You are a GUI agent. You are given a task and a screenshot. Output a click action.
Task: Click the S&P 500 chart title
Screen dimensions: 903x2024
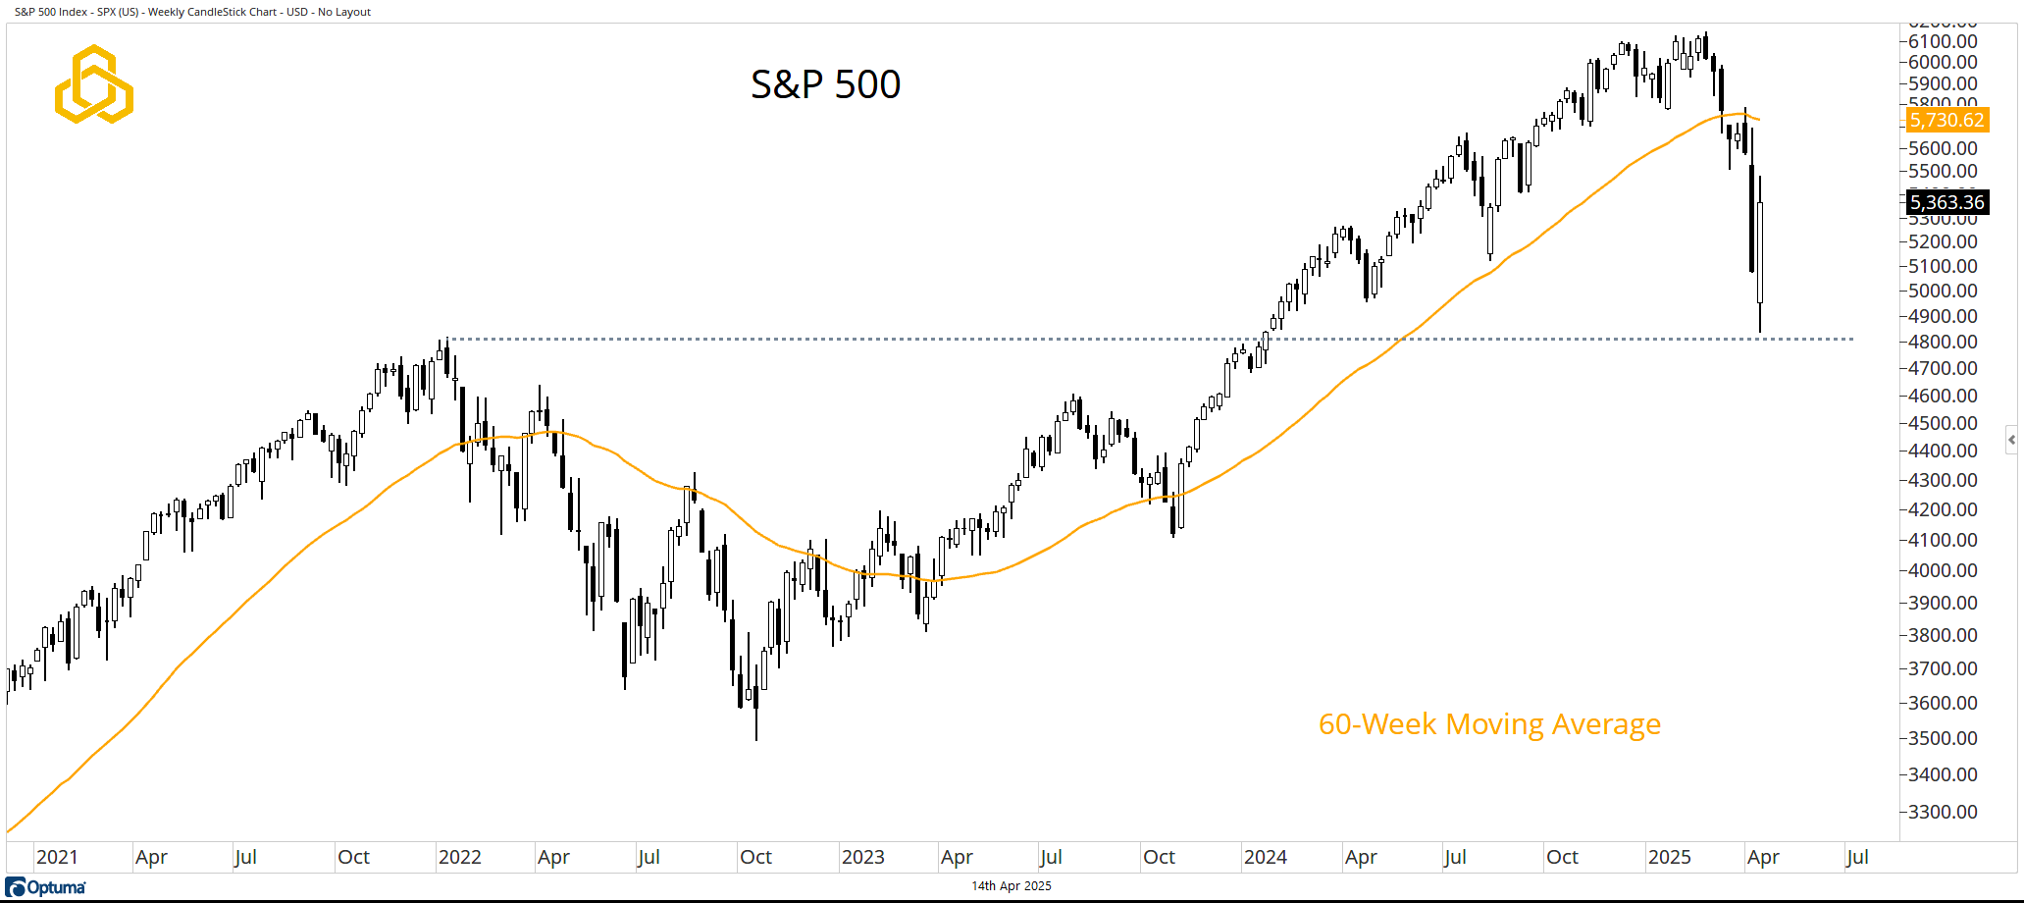click(x=825, y=84)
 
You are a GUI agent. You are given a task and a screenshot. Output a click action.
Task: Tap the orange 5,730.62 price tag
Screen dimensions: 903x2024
click(x=1946, y=120)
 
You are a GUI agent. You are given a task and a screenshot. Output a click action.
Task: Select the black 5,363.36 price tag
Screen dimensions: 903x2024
click(x=1946, y=202)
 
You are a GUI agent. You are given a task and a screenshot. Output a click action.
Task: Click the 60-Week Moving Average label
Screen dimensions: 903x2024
click(x=1489, y=724)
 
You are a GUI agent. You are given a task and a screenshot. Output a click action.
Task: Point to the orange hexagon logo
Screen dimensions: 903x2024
click(x=94, y=84)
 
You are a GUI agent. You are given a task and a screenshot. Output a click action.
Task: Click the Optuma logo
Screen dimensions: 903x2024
click(x=46, y=887)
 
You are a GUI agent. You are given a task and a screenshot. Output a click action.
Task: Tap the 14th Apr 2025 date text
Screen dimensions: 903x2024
click(x=1011, y=885)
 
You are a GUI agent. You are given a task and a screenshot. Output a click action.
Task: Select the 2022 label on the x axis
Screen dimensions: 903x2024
click(x=459, y=857)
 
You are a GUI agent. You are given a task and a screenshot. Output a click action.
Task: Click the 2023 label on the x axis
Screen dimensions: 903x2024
click(x=862, y=857)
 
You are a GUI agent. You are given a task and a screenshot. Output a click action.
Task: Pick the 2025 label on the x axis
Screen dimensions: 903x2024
click(x=1669, y=857)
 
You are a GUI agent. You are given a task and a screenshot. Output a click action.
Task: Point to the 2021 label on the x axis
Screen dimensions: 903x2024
click(x=57, y=857)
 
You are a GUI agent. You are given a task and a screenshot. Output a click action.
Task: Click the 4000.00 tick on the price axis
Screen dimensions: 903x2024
click(x=1942, y=570)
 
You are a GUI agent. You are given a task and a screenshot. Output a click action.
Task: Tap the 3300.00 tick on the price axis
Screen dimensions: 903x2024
click(x=1942, y=812)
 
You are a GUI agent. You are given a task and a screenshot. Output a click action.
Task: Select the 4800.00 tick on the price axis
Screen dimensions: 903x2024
click(x=1942, y=342)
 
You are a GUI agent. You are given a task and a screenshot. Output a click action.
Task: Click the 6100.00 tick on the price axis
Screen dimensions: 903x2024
click(x=1942, y=41)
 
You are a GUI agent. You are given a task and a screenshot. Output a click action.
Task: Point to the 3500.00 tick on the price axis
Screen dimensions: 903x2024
click(x=1942, y=738)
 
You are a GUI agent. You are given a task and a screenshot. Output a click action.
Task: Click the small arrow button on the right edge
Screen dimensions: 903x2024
click(x=2011, y=439)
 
